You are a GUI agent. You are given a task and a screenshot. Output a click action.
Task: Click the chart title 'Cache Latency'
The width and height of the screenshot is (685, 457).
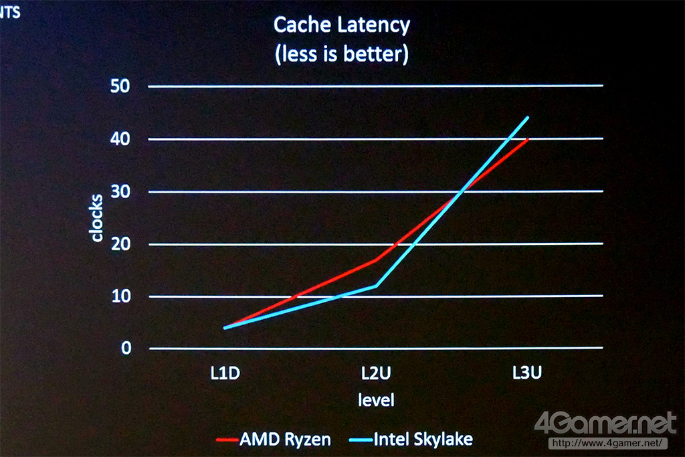click(x=342, y=26)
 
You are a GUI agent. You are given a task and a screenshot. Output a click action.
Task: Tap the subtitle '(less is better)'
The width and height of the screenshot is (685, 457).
click(x=342, y=54)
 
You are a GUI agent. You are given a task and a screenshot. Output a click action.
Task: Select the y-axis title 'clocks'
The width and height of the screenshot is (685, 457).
click(x=97, y=217)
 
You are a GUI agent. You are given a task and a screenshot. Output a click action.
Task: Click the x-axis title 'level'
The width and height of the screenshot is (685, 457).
click(x=376, y=400)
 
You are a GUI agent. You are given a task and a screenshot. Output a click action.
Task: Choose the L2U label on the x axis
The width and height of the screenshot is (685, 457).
click(x=376, y=373)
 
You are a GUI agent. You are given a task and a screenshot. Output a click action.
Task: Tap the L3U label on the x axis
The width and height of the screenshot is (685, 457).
click(x=526, y=373)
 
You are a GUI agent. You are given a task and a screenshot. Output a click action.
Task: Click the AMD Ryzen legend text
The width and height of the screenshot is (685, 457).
click(x=285, y=440)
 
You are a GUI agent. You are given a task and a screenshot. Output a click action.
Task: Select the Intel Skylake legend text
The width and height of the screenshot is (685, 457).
click(x=423, y=440)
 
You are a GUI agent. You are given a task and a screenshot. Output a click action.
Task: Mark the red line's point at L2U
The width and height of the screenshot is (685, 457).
click(x=376, y=260)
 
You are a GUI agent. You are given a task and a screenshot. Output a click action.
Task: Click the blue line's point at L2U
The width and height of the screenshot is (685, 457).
click(x=376, y=286)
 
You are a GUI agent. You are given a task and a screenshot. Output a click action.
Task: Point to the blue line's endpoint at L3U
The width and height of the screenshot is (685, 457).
click(x=528, y=117)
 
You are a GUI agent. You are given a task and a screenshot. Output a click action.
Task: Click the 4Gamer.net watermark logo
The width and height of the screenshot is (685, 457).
click(x=605, y=424)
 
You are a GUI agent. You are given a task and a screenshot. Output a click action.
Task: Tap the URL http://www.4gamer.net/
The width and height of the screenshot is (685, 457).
click(x=607, y=442)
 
